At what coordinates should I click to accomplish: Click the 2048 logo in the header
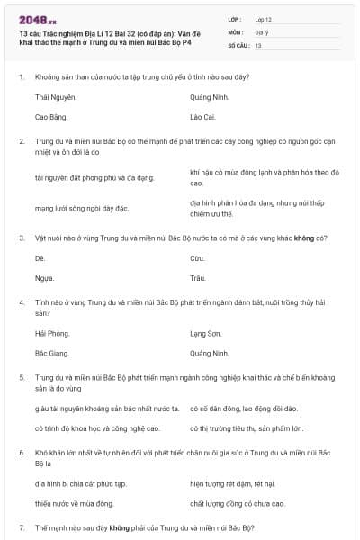[37, 19]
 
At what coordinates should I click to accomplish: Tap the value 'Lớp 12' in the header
[265, 19]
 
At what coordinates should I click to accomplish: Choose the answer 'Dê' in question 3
[40, 257]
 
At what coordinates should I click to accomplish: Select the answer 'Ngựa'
[44, 278]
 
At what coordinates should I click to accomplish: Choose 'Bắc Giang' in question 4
[52, 354]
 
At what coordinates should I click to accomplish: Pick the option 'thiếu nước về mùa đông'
[74, 504]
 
